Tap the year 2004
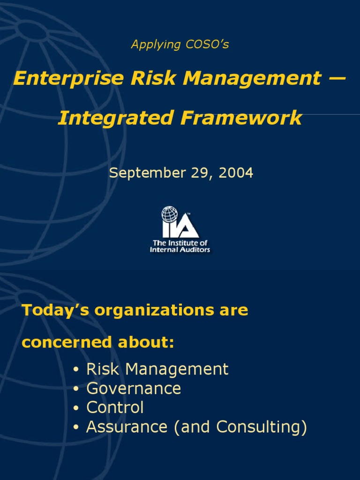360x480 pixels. (235, 172)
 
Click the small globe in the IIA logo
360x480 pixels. (170, 215)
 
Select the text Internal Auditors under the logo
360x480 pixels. (180, 250)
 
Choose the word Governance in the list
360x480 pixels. (134, 389)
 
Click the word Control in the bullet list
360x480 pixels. (115, 408)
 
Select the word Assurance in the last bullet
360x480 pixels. (127, 427)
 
